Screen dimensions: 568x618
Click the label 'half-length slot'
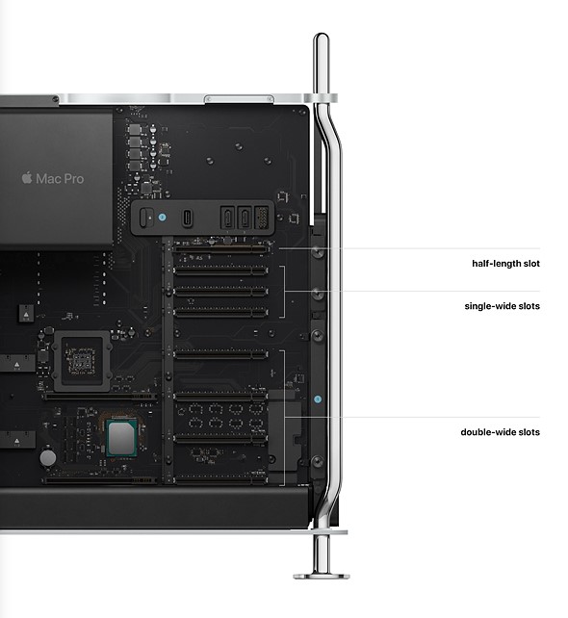click(x=505, y=264)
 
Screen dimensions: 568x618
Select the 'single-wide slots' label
click(x=502, y=306)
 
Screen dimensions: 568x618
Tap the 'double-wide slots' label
click(x=500, y=432)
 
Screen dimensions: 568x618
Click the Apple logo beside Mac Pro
click(x=27, y=178)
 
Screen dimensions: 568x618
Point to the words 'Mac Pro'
click(x=60, y=179)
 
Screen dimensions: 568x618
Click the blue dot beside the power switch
click(x=162, y=217)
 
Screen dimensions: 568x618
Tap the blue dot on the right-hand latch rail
click(x=318, y=399)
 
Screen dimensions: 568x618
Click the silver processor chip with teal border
click(x=122, y=438)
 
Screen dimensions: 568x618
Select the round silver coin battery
click(x=48, y=457)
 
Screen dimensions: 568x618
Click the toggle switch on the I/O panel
click(x=146, y=218)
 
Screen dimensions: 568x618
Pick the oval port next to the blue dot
click(x=187, y=218)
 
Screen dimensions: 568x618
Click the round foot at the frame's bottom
click(x=322, y=577)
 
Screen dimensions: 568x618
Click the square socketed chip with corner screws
click(x=82, y=361)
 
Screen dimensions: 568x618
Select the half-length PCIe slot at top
click(x=219, y=248)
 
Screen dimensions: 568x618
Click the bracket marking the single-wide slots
click(x=284, y=292)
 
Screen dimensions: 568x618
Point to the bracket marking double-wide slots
click(x=284, y=418)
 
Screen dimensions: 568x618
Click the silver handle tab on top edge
click(x=239, y=98)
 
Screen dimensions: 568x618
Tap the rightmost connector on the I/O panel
click(x=262, y=218)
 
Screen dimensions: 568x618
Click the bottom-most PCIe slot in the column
click(x=219, y=479)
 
